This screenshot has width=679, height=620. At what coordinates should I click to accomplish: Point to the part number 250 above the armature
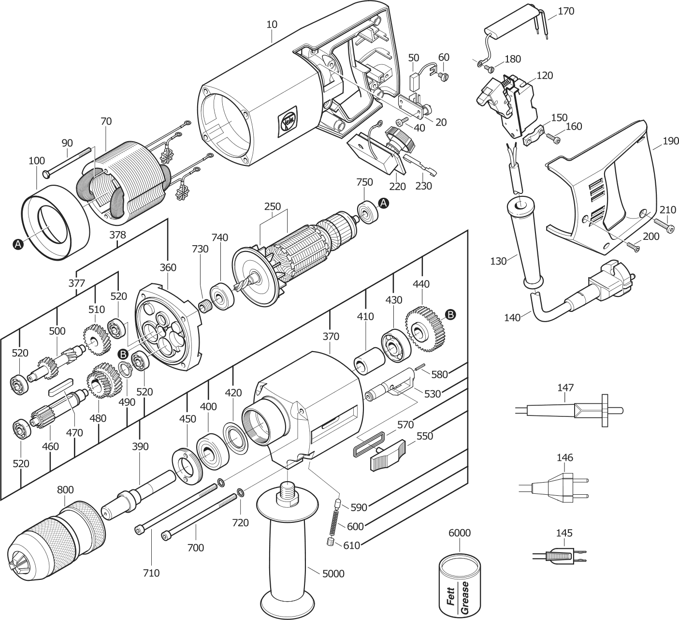click(273, 206)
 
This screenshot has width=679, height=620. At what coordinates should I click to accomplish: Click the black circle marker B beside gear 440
click(449, 315)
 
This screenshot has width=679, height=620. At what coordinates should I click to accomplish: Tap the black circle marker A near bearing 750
click(383, 204)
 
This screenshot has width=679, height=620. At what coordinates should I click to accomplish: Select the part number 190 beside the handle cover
click(671, 141)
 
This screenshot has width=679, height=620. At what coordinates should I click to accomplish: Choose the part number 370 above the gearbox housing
click(331, 336)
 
